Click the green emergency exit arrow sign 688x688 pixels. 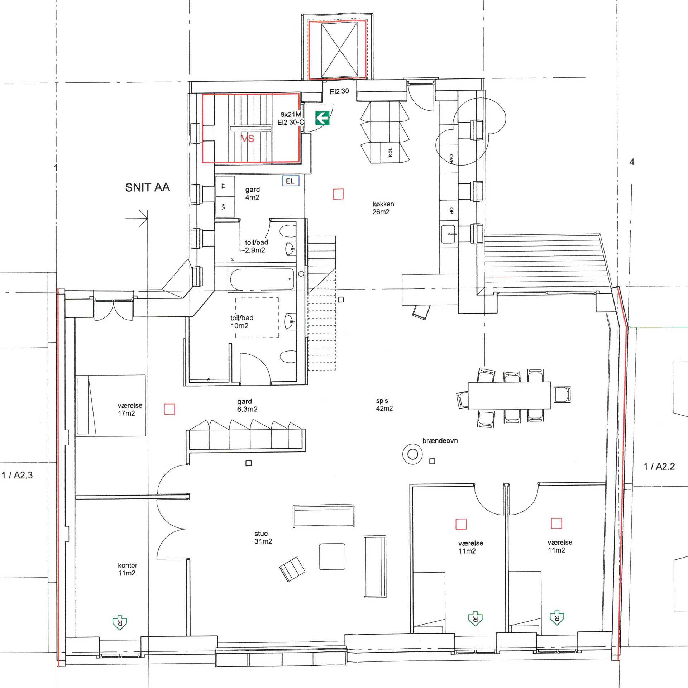coord(322,118)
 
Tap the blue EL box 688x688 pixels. coord(290,181)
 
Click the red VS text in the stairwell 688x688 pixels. coord(247,138)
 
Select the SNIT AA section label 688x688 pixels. coord(147,187)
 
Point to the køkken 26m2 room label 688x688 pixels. coord(383,208)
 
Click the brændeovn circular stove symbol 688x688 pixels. coord(412,454)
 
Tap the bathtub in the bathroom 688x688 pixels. coord(262,279)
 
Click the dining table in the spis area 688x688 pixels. coord(509,396)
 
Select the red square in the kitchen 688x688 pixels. coord(338,194)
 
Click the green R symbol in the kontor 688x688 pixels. coord(120,623)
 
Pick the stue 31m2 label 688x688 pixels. coord(263,537)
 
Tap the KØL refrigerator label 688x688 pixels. coord(390,152)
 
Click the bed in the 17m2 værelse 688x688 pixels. coord(111,405)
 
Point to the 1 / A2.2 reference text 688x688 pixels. coord(659,466)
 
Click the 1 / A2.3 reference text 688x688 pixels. coord(17,475)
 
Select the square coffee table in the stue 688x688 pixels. coord(332,556)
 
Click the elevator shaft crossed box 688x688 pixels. coord(339,50)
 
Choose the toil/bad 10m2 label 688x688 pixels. coord(242,321)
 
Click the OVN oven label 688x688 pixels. coord(451,159)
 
